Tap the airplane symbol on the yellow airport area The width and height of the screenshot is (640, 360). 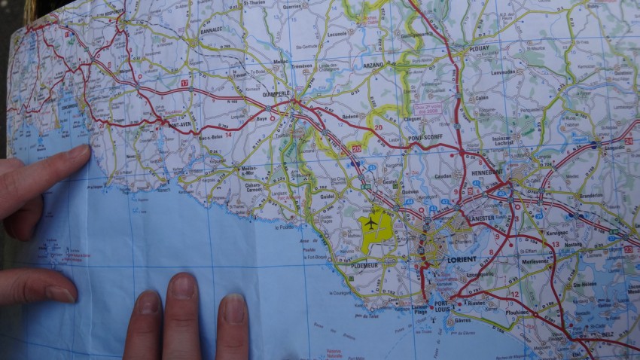[370, 224]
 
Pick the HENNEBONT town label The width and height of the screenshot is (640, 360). [488, 173]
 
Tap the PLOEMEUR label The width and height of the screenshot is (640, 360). [367, 265]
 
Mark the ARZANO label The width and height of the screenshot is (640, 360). [373, 66]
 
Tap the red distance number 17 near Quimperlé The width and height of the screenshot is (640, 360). [184, 82]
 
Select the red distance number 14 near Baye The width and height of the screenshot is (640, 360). [227, 133]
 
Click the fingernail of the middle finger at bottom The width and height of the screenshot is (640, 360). [183, 286]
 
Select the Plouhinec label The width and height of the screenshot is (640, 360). [518, 312]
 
